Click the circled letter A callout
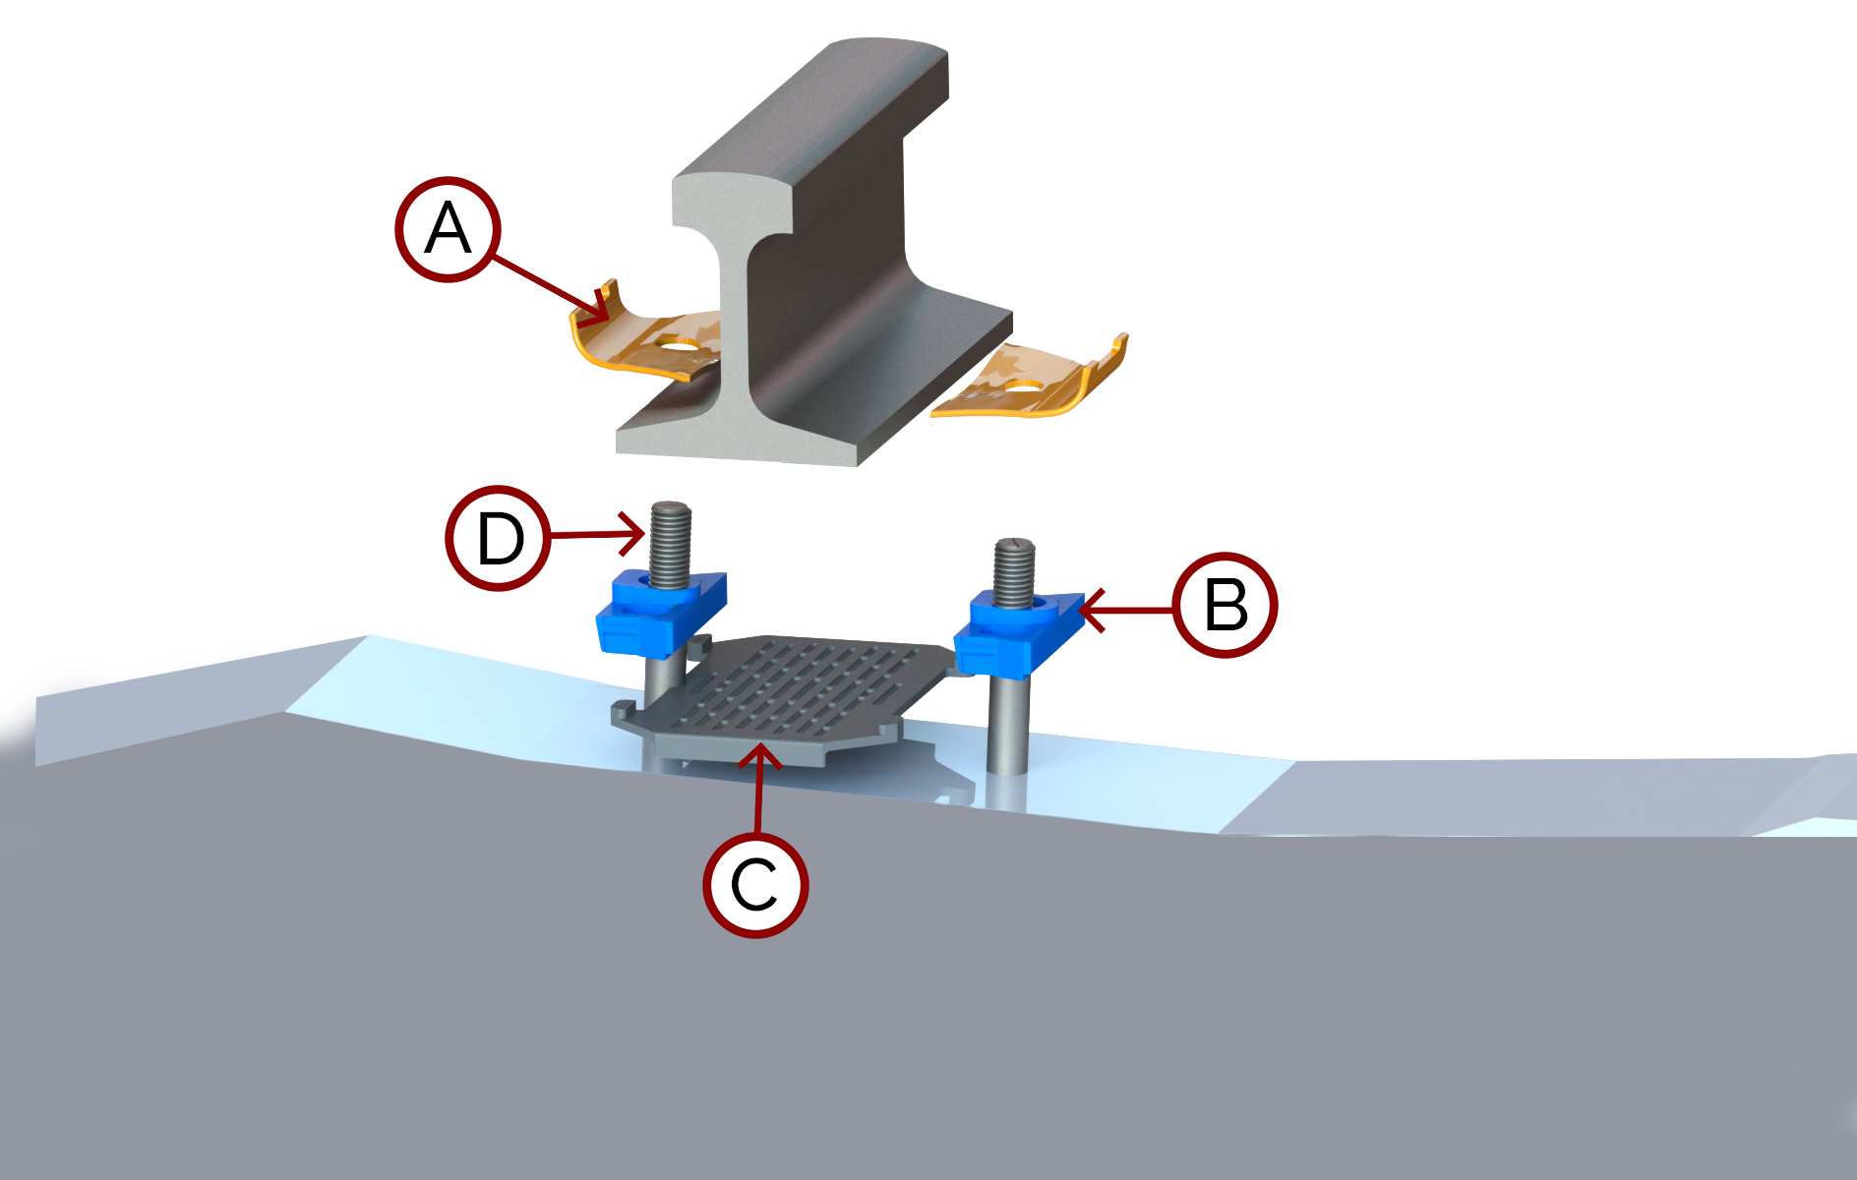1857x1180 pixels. pos(448,229)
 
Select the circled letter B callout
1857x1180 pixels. pos(1226,605)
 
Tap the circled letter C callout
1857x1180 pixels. pos(755,885)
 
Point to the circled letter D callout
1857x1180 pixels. pos(499,538)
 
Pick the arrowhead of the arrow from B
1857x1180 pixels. pos(1086,610)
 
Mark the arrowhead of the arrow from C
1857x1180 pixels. pos(759,753)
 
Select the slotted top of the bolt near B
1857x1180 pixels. pos(1015,547)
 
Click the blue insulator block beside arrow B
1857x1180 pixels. pos(1018,629)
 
